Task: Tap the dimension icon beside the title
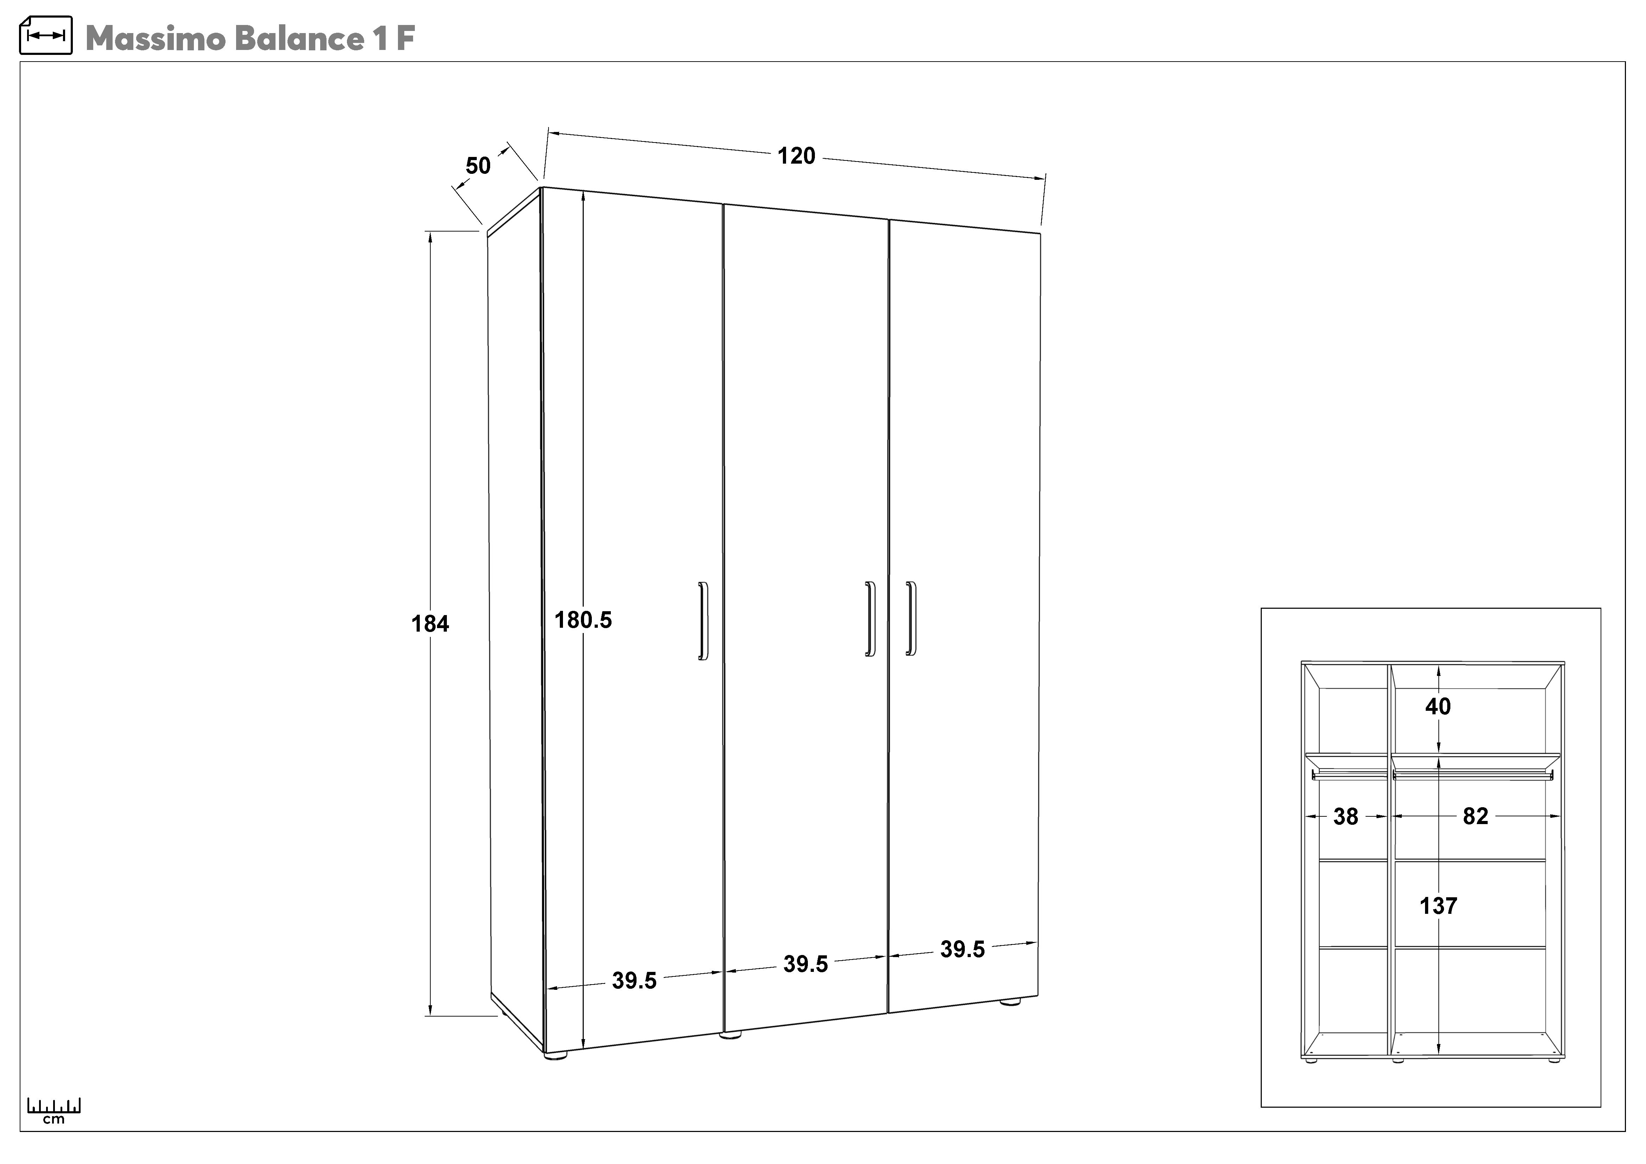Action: [x=45, y=35]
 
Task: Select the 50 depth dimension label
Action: [x=478, y=166]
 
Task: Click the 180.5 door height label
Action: [x=583, y=620]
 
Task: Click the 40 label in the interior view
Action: [x=1437, y=707]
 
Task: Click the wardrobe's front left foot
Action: [x=556, y=1055]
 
